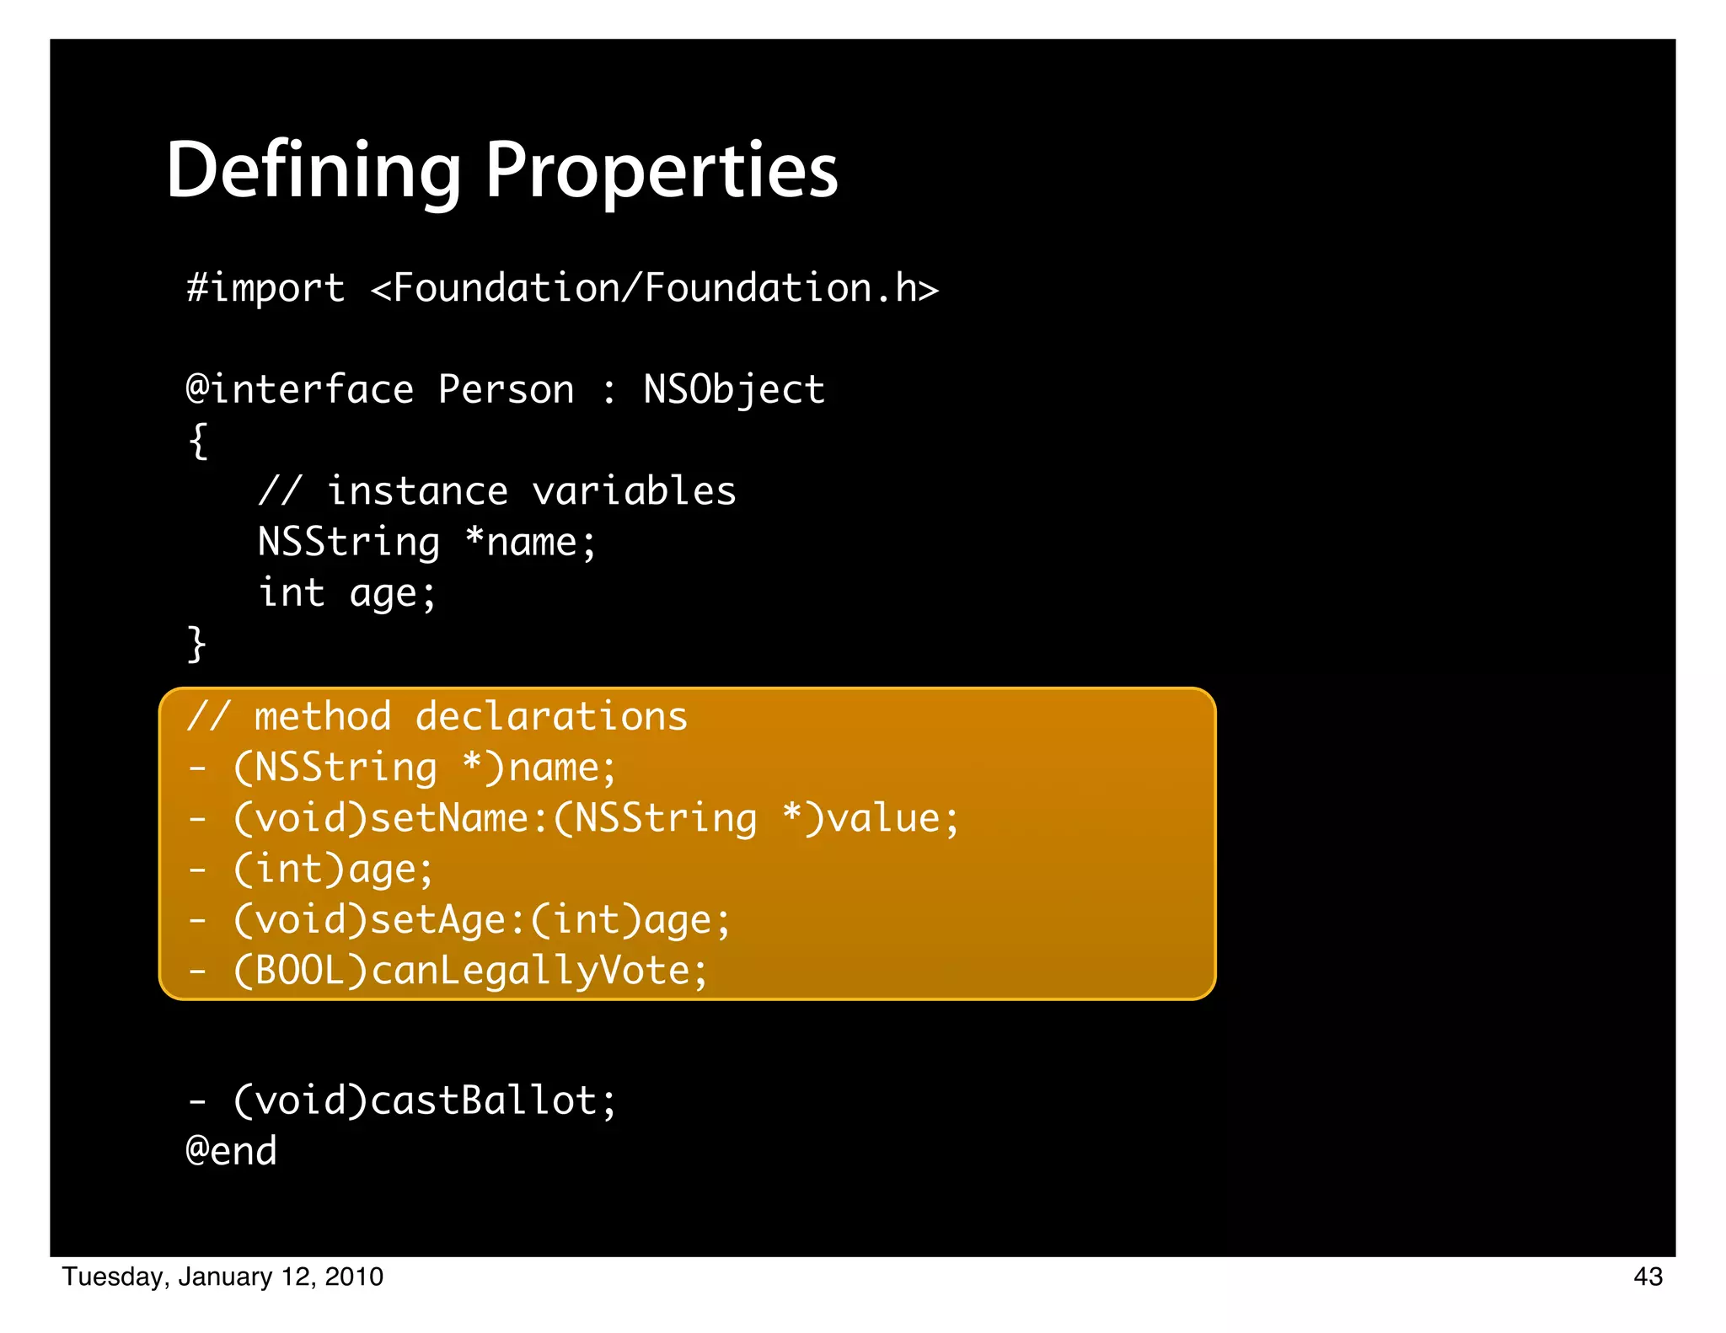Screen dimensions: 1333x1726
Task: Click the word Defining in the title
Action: pos(313,171)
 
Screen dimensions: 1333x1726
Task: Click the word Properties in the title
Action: pos(662,171)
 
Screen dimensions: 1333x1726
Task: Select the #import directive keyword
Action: pos(265,288)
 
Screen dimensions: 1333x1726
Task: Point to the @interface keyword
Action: pos(299,390)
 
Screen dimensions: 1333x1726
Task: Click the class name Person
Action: pos(506,390)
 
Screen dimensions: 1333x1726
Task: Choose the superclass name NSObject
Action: pos(734,390)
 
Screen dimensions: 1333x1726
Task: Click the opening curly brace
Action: pos(198,441)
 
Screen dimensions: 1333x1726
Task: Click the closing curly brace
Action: pos(196,645)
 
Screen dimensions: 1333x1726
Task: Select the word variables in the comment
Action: pos(634,491)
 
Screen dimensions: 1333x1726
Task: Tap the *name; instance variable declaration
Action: pos(530,542)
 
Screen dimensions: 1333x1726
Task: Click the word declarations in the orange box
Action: pos(551,717)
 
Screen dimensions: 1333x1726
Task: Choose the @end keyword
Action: pos(231,1152)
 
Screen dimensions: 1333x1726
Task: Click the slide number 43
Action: pos(1648,1277)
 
